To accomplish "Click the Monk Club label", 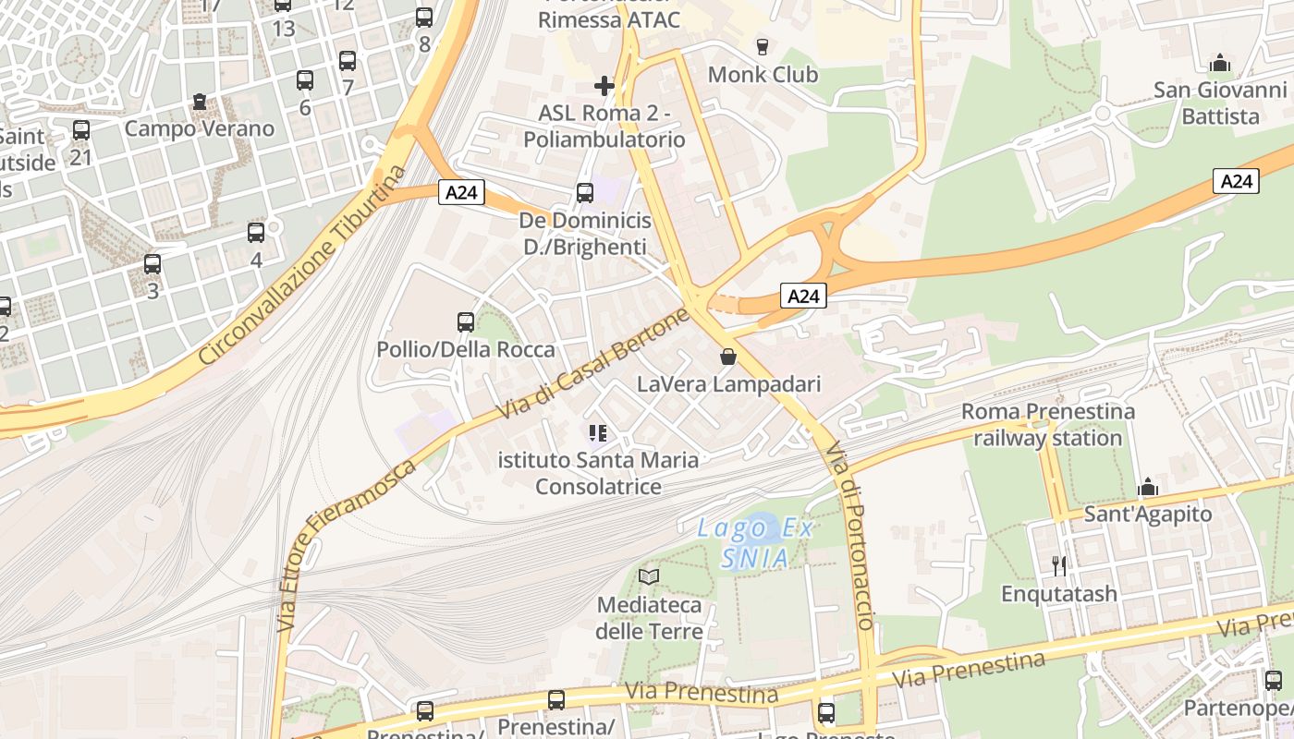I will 763,74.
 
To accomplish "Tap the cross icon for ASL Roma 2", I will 604,86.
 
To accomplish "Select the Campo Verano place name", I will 200,128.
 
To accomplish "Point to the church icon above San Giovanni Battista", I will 1220,63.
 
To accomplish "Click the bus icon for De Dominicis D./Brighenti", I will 585,192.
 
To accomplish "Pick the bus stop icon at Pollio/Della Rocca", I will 466,321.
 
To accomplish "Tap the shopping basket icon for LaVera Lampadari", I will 728,356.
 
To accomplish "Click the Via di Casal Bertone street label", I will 593,363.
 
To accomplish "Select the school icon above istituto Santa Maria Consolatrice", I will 598,432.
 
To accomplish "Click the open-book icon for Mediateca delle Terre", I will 650,577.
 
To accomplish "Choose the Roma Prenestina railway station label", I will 1048,424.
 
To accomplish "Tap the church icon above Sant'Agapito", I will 1148,487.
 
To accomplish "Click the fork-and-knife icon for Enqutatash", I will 1059,565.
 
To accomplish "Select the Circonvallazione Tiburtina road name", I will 302,265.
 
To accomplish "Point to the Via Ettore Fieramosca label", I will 348,545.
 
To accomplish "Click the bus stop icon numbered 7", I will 348,61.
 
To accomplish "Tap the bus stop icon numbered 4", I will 256,233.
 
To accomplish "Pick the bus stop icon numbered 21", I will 81,130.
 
